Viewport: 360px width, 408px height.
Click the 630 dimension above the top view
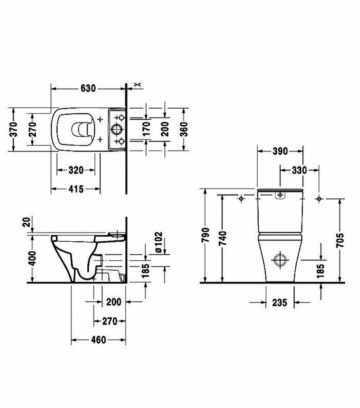(88, 89)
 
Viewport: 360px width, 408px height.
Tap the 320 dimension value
(76, 170)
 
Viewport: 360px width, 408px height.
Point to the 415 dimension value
(76, 189)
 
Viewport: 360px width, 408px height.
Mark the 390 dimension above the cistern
(280, 151)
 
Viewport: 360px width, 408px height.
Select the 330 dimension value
(299, 170)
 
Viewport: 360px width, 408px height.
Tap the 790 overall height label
(205, 235)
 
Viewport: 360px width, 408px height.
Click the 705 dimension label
(340, 240)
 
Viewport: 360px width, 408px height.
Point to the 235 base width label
(280, 303)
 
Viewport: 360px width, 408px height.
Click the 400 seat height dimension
(32, 258)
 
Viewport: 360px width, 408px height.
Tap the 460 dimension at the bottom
(98, 340)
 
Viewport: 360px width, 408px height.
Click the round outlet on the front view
(279, 260)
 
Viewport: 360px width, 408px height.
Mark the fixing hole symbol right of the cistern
(319, 198)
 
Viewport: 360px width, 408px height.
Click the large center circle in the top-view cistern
(116, 129)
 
